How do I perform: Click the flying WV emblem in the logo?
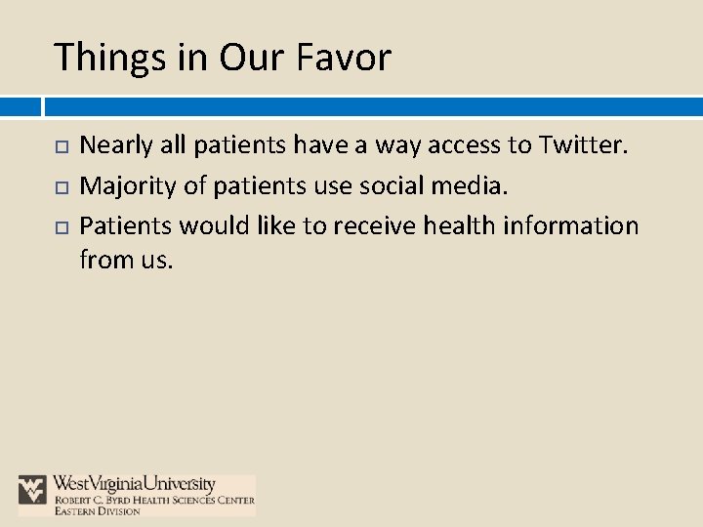33,489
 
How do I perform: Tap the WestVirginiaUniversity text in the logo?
135,484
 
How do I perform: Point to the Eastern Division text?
97,511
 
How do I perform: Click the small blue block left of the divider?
20,105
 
